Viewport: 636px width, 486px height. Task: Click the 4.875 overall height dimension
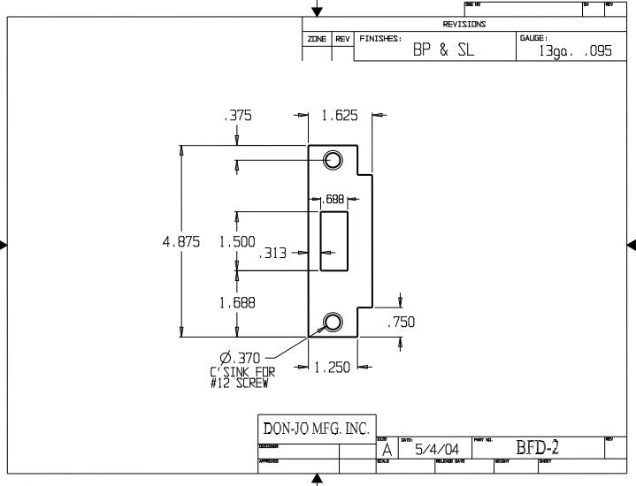tap(181, 241)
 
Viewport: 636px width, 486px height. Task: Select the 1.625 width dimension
tap(340, 115)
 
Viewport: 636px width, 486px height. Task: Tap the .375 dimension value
tap(237, 115)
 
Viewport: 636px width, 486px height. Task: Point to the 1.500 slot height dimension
tap(237, 241)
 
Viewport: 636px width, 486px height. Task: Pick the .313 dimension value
tap(273, 253)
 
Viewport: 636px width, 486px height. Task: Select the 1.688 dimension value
tap(237, 302)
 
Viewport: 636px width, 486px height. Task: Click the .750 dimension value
tap(401, 323)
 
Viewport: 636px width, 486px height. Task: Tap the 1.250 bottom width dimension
tap(332, 367)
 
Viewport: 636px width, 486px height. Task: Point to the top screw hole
tap(333, 160)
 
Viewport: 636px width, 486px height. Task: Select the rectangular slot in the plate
tap(334, 241)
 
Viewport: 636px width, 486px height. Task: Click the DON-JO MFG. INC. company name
tap(316, 429)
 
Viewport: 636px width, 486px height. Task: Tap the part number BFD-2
tap(537, 448)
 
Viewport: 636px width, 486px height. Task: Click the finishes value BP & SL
tap(443, 50)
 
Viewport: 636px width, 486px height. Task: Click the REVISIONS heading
tap(464, 25)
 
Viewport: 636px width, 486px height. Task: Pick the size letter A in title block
tap(387, 451)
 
